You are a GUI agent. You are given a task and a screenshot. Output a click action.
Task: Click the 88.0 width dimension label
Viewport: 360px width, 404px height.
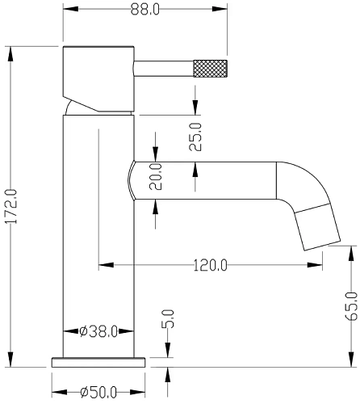[145, 10]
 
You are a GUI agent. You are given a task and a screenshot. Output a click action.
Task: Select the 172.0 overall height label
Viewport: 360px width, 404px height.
[12, 206]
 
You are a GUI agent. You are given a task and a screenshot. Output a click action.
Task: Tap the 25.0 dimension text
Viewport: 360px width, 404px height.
[195, 137]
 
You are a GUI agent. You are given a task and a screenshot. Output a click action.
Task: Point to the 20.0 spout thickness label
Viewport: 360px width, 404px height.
[156, 177]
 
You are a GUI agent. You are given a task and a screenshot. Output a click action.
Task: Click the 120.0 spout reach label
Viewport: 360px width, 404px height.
[211, 265]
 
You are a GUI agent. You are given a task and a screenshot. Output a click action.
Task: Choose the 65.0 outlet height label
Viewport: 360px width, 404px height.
[351, 306]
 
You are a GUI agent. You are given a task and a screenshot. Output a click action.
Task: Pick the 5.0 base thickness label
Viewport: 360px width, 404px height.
[168, 318]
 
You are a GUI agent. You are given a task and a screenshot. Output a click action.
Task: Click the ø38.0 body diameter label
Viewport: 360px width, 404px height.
[98, 331]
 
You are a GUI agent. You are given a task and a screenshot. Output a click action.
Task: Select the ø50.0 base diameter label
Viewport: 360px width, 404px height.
[98, 392]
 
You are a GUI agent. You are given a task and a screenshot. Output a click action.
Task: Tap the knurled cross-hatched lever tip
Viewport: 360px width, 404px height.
[211, 69]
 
